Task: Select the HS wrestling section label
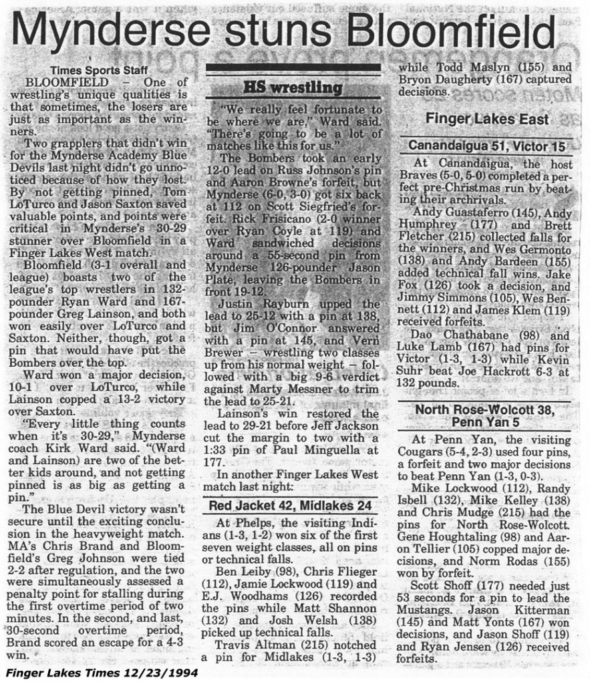coord(292,88)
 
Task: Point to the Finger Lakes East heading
coord(487,119)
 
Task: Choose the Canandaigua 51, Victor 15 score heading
coord(486,145)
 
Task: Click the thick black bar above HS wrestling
coord(293,67)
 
